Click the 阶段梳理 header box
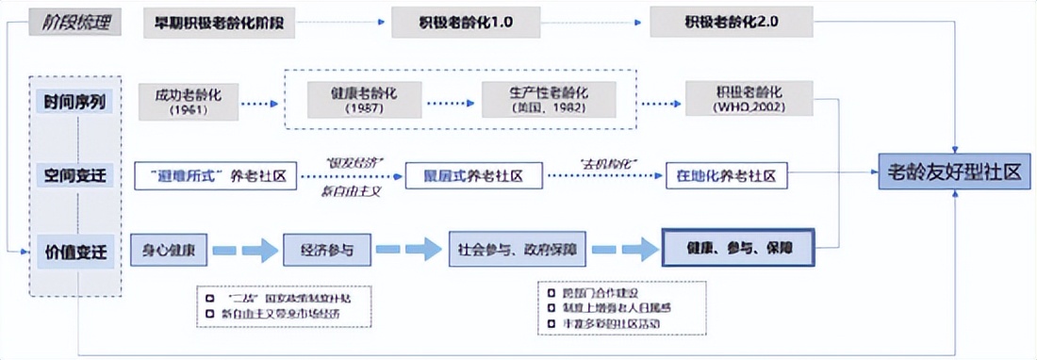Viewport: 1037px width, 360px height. [x=74, y=21]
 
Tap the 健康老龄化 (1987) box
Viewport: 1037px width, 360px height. [x=363, y=101]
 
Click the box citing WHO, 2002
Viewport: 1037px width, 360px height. [x=749, y=101]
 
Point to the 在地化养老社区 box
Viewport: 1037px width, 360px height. [x=726, y=175]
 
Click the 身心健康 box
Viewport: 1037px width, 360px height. [x=169, y=251]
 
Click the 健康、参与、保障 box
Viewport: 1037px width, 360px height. [x=737, y=251]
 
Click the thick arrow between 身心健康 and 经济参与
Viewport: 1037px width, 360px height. [x=242, y=252]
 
